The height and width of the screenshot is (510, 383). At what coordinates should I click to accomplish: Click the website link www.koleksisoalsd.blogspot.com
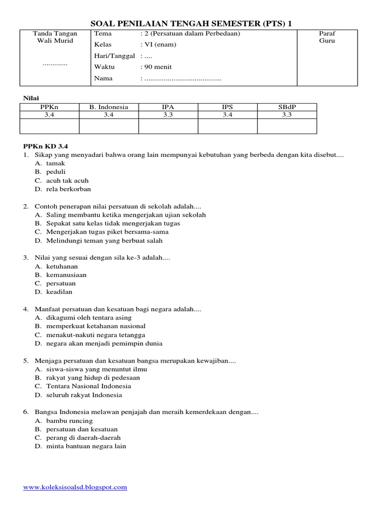click(x=75, y=487)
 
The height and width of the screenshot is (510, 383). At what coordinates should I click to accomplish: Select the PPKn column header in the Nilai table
click(x=49, y=107)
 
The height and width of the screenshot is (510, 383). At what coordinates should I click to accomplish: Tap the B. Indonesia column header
click(x=109, y=107)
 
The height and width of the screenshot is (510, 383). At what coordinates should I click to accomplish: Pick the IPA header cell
click(x=168, y=107)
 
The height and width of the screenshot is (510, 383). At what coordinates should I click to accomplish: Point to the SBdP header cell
click(x=287, y=107)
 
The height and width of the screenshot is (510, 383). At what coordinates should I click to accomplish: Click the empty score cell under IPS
click(x=227, y=126)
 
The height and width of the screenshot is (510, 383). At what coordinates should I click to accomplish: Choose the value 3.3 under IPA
click(x=168, y=115)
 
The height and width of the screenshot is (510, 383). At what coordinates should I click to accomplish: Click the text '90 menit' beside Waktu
click(x=160, y=67)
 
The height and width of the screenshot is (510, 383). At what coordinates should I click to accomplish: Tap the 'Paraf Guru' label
click(x=327, y=37)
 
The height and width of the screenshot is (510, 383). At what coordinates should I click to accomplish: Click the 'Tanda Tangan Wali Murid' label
click(x=55, y=37)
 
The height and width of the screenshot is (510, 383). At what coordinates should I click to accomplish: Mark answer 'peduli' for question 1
click(x=56, y=172)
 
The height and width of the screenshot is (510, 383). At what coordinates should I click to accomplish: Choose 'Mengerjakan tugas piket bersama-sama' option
click(x=107, y=232)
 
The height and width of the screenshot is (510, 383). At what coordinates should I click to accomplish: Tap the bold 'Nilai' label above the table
click(x=31, y=98)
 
